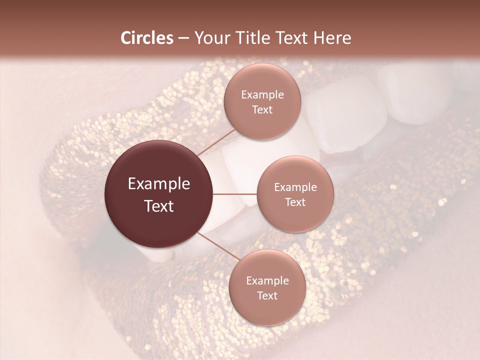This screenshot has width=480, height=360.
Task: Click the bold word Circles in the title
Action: coord(147,38)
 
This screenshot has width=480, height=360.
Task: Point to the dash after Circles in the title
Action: coord(183,38)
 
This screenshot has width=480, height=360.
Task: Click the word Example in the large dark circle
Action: coord(159,184)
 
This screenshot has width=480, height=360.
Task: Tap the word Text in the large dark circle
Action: coord(159,206)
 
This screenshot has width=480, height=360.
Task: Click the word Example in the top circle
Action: coord(262,95)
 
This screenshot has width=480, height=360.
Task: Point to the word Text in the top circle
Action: coord(262,109)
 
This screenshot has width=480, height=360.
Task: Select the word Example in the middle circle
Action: coord(295,187)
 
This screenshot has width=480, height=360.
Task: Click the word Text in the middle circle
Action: coord(295,202)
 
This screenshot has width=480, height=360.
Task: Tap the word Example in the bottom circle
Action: coord(267,281)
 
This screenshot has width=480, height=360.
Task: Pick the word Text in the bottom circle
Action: coord(267,295)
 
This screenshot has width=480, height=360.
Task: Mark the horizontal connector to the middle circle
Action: coord(235,194)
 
